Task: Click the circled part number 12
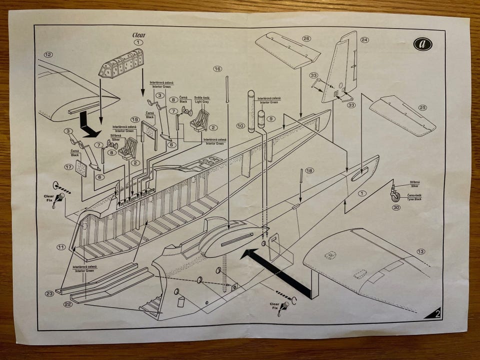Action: click(x=48, y=54)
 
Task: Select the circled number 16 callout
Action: click(x=217, y=68)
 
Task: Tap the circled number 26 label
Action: click(x=306, y=38)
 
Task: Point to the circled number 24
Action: click(x=364, y=39)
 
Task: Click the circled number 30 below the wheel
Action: click(x=396, y=207)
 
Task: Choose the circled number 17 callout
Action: click(x=68, y=166)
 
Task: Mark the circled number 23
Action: click(x=49, y=293)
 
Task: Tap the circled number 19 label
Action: click(x=134, y=119)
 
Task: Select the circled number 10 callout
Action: click(x=240, y=125)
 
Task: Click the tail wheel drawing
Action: click(x=395, y=193)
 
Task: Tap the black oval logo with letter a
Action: click(x=422, y=44)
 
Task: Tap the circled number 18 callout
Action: click(x=309, y=170)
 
